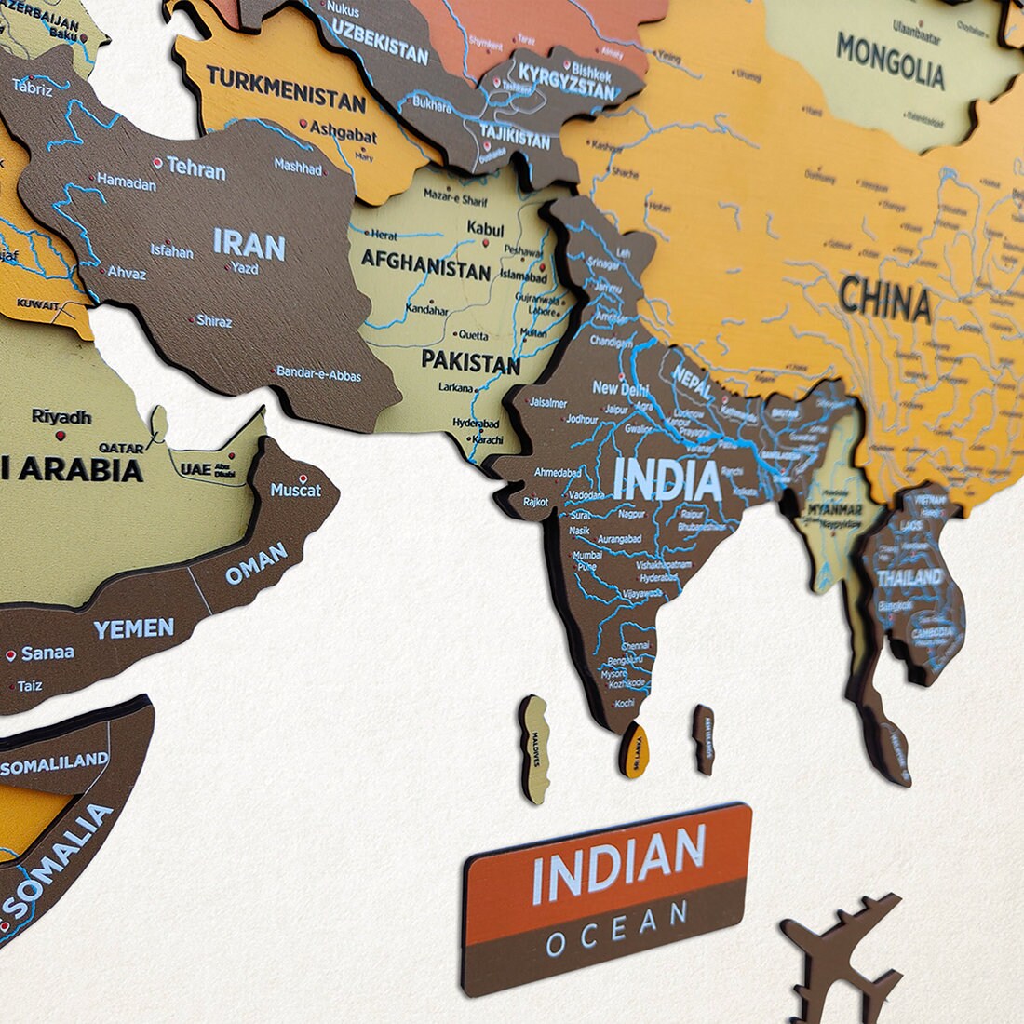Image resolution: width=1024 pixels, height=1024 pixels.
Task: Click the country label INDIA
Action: point(667,480)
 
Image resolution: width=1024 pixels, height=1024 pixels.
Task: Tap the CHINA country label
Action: point(884,301)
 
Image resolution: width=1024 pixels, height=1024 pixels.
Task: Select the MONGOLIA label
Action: point(890,61)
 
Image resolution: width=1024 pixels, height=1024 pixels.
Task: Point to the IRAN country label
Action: point(249,245)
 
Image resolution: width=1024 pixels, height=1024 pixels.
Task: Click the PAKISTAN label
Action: point(470,361)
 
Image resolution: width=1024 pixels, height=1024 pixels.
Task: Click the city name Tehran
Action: point(195,170)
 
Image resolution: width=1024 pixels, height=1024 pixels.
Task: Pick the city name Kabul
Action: point(485,229)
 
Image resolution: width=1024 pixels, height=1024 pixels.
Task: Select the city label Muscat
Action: point(295,490)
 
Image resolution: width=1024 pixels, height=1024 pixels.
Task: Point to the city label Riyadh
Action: point(61,416)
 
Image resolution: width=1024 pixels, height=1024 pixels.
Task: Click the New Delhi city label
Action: point(620,388)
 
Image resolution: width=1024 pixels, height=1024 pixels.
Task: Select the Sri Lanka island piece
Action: point(634,748)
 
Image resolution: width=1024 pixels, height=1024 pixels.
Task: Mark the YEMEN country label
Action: point(133,629)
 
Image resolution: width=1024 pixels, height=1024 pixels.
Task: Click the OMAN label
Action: point(256,564)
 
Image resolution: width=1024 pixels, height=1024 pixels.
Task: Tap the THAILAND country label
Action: point(909,577)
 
